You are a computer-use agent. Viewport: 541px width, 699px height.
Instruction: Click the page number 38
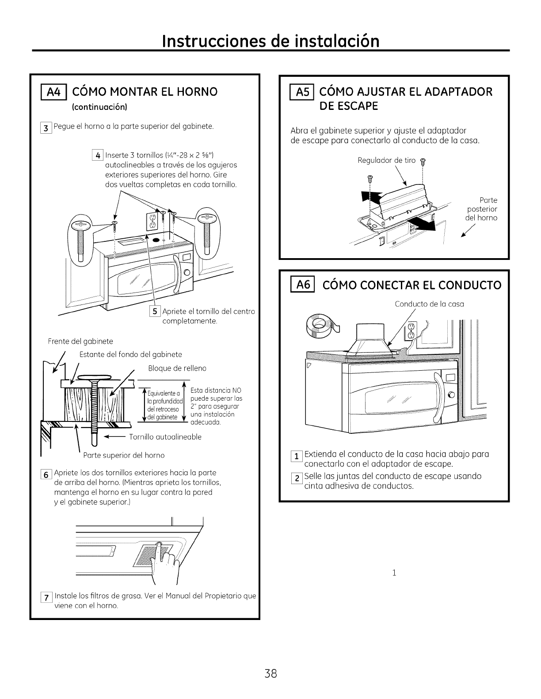(x=270, y=674)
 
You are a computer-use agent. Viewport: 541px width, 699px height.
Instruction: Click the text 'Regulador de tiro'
(x=386, y=160)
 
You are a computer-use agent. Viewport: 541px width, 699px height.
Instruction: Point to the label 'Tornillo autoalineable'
(x=165, y=437)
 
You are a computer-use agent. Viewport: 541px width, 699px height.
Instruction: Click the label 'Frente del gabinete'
(x=80, y=341)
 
